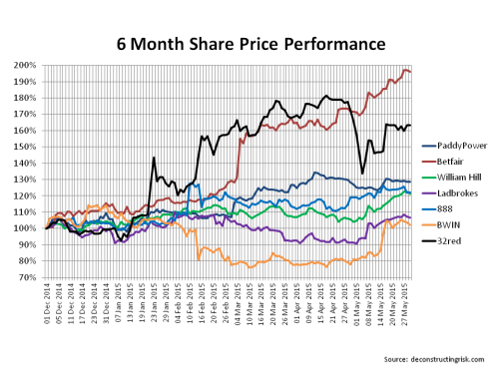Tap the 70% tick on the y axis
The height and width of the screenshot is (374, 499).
coord(27,276)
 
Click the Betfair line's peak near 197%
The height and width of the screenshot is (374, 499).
coord(404,70)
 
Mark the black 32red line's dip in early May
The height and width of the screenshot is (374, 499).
coord(362,174)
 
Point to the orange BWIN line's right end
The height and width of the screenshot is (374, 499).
coord(410,225)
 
